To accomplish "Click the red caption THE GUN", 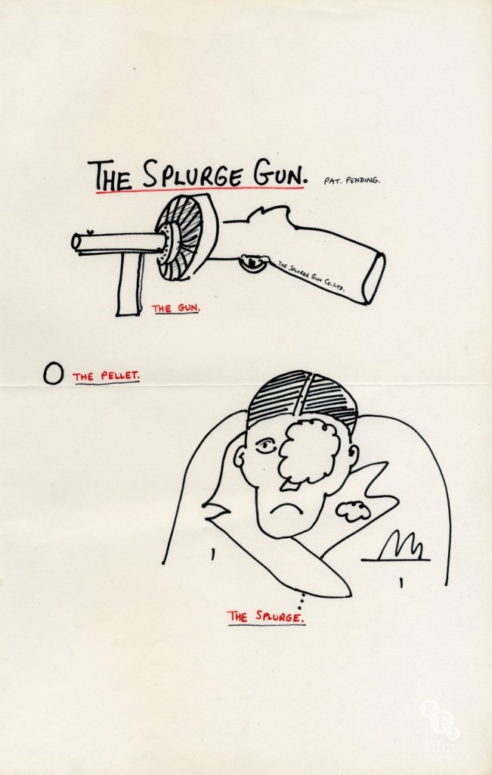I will pos(175,308).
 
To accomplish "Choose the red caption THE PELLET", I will pos(106,375).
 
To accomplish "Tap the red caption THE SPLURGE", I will pos(267,616).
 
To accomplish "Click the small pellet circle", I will pos(53,375).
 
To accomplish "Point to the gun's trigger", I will pos(252,263).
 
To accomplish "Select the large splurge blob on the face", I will pos(309,452).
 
